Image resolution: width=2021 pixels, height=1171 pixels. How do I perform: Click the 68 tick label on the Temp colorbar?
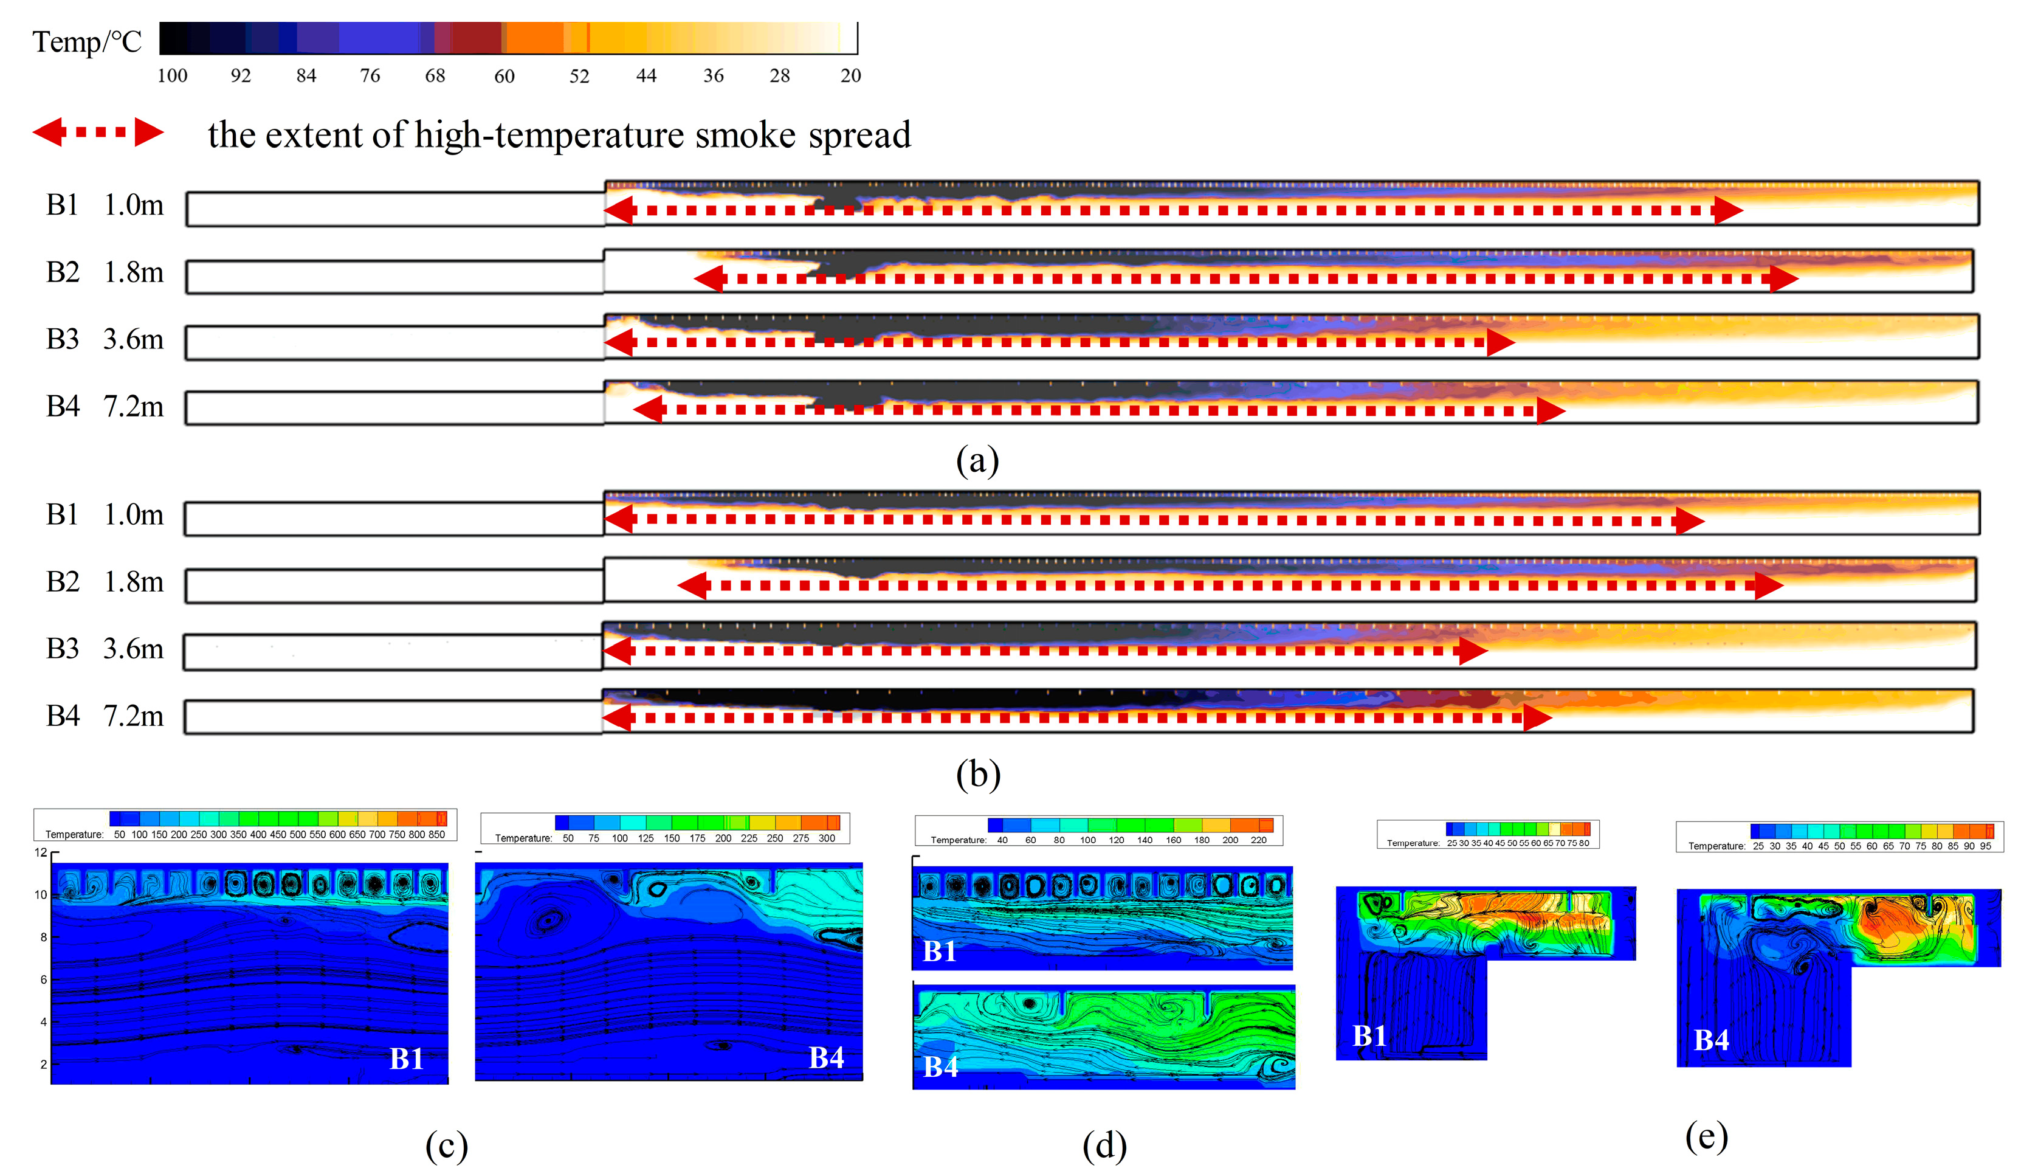coord(435,75)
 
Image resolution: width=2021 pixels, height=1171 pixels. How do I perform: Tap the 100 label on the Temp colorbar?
coord(173,75)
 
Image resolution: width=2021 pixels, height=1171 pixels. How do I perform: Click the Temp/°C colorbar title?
coord(86,42)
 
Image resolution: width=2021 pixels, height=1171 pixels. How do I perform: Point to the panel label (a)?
coord(977,461)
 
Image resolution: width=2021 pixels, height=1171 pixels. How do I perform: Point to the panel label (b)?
coord(977,774)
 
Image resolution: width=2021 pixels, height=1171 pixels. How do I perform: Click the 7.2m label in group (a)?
coord(133,407)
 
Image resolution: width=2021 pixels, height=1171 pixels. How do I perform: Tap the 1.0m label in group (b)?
coord(133,514)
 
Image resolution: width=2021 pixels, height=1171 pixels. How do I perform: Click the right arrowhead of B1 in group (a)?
coord(1728,210)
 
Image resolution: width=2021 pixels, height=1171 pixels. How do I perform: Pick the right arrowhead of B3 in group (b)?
coord(1473,651)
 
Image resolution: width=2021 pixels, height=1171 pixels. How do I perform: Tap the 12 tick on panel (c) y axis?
coord(41,852)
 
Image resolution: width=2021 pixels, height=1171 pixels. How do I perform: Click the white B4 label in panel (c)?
coord(826,1058)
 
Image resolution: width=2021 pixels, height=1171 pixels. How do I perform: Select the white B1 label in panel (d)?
coord(939,952)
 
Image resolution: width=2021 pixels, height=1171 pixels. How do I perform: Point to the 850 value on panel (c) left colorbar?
coord(436,834)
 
